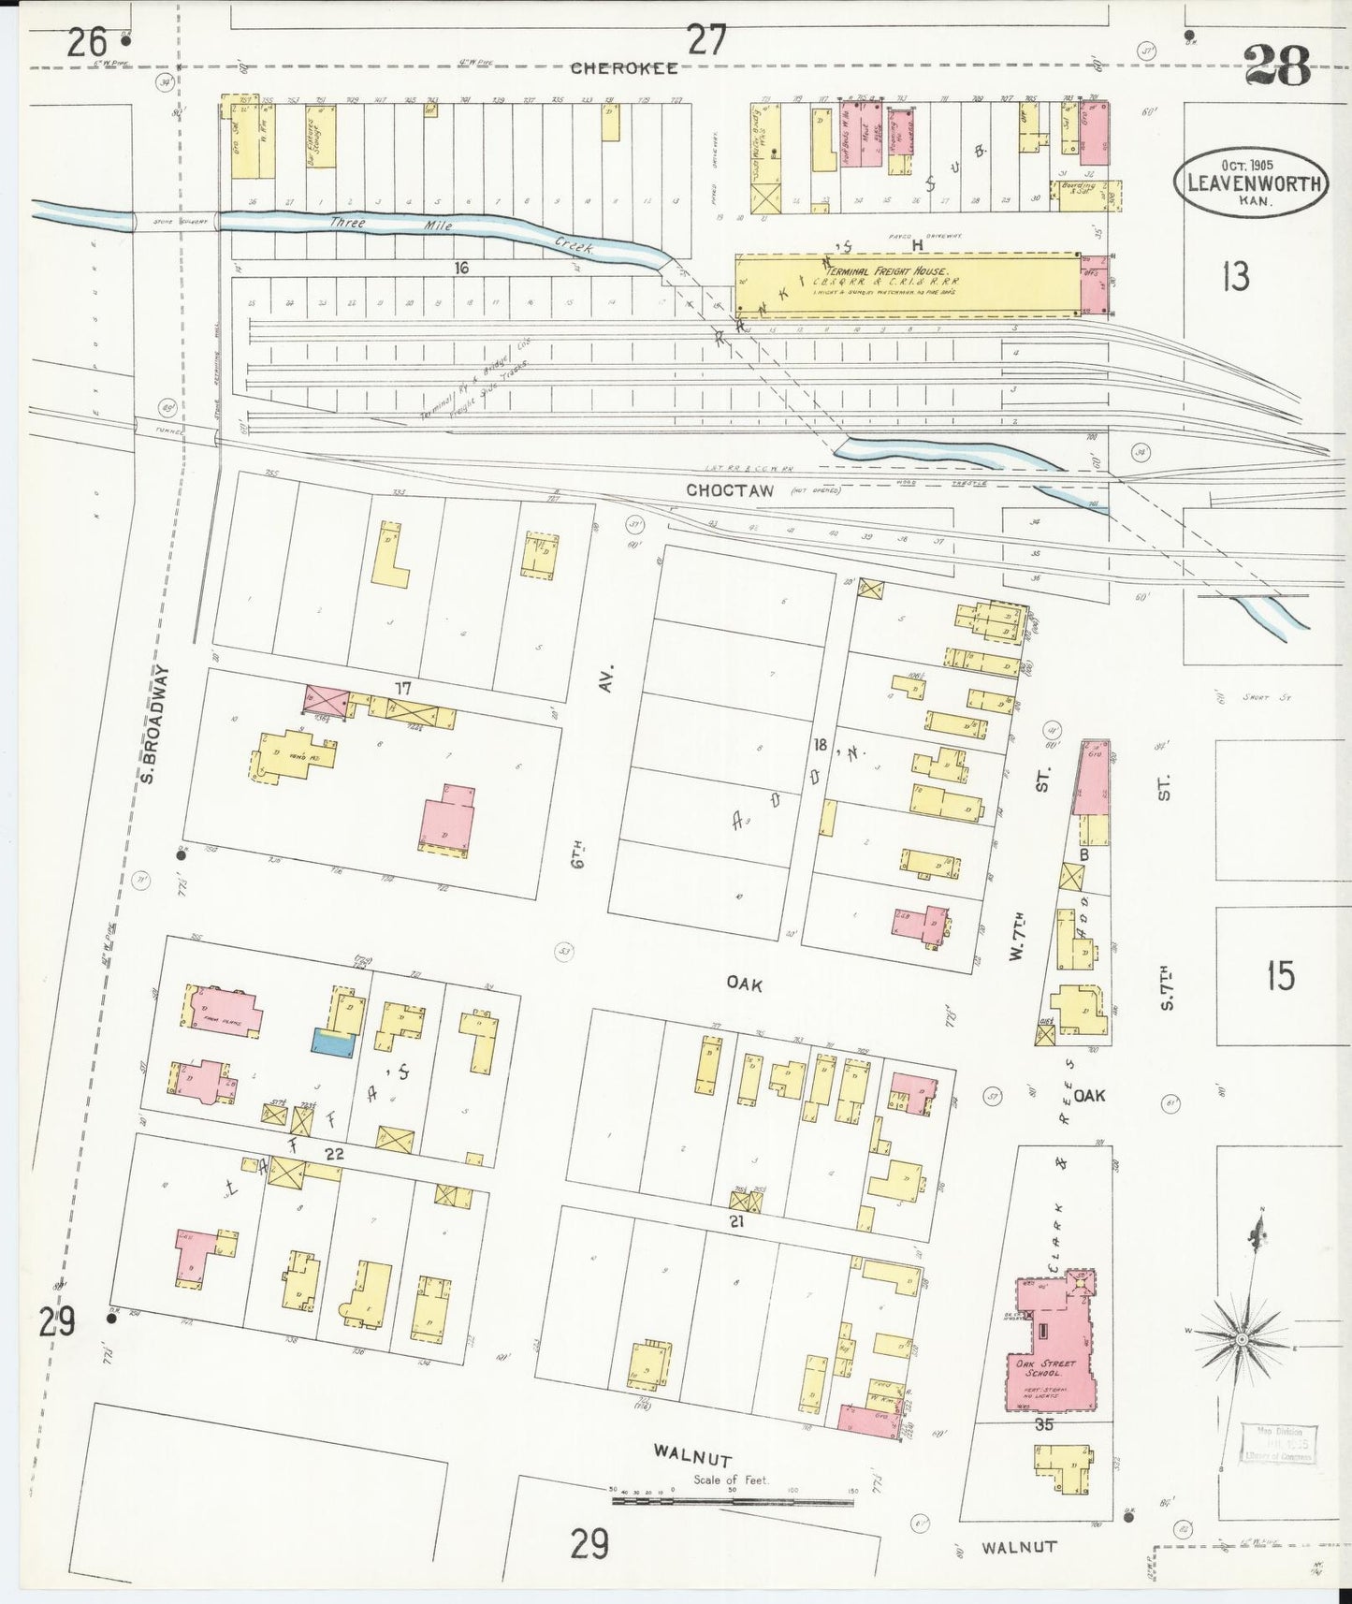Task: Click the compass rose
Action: (x=1242, y=1340)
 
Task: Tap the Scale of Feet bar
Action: (x=732, y=1502)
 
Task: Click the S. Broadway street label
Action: (x=155, y=725)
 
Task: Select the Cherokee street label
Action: (x=624, y=67)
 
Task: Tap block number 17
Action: (x=402, y=689)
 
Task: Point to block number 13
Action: (x=1236, y=276)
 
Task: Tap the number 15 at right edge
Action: (x=1280, y=975)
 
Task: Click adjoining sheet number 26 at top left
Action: (x=86, y=42)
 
